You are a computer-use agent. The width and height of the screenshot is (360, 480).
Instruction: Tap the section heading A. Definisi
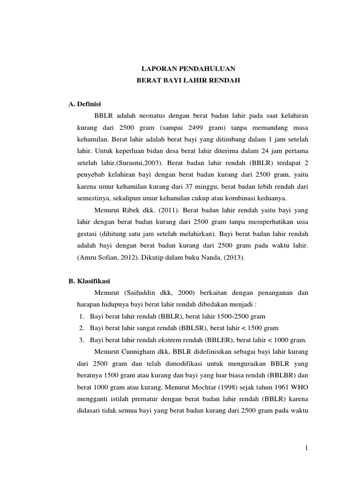[85, 104]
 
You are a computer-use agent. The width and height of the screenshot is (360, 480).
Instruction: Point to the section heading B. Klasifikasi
[89, 281]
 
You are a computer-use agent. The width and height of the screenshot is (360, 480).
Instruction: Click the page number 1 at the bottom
[306, 449]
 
